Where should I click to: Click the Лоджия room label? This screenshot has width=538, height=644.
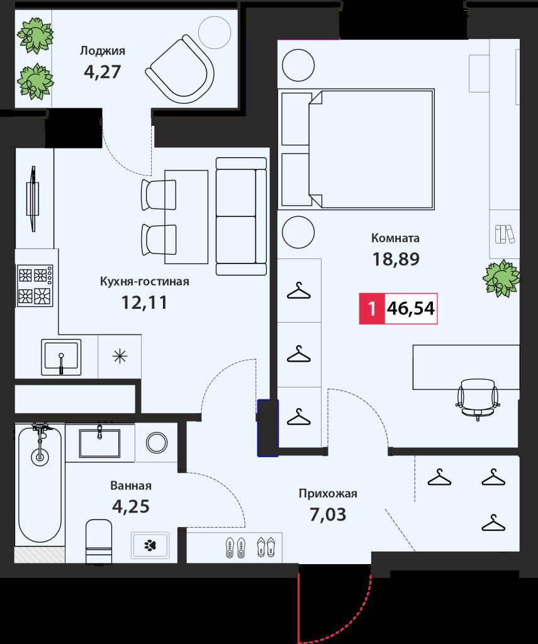click(103, 51)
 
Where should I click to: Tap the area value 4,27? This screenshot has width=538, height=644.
click(103, 72)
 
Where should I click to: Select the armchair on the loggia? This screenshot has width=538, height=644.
click(180, 69)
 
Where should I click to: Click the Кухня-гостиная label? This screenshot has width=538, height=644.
click(145, 282)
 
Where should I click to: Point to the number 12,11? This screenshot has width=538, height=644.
click(144, 303)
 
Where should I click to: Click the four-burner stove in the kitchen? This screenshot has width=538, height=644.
click(35, 286)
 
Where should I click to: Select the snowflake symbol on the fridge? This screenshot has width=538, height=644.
click(120, 356)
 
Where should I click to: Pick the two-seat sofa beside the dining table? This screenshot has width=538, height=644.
click(241, 216)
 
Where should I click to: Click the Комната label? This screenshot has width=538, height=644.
click(395, 238)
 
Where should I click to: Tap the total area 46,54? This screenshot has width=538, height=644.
click(411, 308)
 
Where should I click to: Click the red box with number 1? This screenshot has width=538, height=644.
click(372, 308)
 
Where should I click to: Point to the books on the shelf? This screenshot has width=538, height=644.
click(505, 234)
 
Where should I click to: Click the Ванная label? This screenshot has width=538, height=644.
click(131, 486)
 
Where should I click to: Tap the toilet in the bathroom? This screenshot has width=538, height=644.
click(99, 541)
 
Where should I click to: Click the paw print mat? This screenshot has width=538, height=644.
click(150, 545)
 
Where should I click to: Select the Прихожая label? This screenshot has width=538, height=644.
click(328, 494)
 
